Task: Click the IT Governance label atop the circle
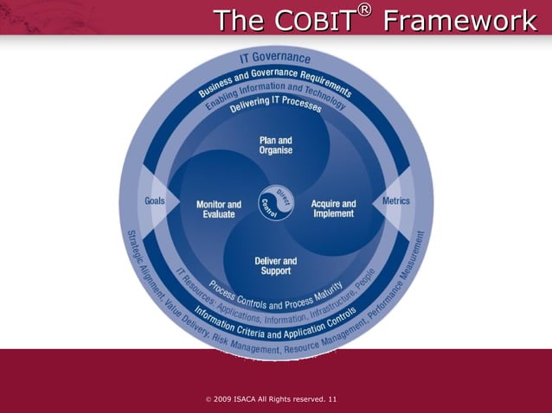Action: (275, 59)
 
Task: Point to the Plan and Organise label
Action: (276, 145)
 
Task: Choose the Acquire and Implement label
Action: (333, 209)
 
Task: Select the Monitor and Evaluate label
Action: (219, 209)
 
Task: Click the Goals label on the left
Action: (156, 200)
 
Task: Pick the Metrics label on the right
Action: (396, 200)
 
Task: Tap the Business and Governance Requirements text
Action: (275, 79)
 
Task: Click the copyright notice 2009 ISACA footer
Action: (260, 399)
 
